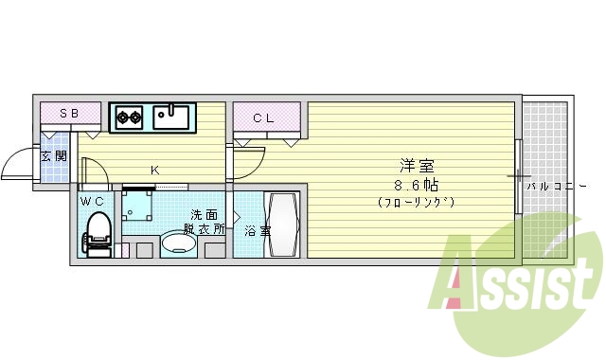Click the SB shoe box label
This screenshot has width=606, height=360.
point(69,115)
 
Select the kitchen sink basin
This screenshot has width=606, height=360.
point(172,117)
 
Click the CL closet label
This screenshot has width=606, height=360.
point(264,117)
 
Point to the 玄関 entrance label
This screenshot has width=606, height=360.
point(53,155)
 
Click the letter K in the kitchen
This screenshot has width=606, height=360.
point(153,171)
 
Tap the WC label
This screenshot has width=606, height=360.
point(92,201)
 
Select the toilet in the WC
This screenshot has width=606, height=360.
point(98,232)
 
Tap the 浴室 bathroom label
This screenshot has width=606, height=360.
point(257,230)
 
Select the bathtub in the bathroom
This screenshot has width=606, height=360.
point(283,225)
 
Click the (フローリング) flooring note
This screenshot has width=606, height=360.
point(416,202)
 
